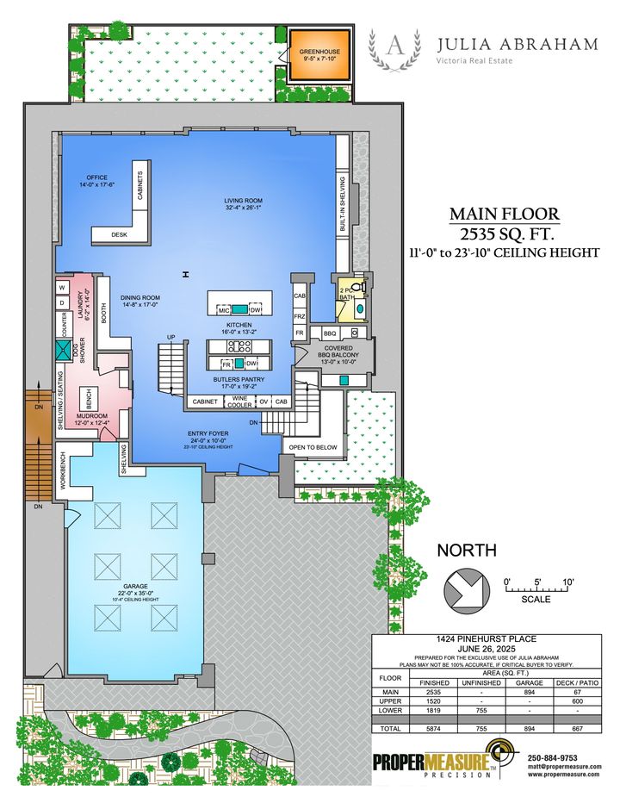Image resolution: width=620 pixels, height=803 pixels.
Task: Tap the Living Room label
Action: tap(243, 203)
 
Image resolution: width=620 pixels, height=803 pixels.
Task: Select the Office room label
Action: tap(96, 181)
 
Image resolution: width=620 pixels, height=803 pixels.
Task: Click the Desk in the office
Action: tap(119, 234)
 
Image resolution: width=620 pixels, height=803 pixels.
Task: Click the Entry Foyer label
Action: tap(215, 436)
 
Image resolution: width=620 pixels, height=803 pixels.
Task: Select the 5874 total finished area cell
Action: tap(434, 728)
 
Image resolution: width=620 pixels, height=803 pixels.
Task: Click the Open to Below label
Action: tap(313, 448)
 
